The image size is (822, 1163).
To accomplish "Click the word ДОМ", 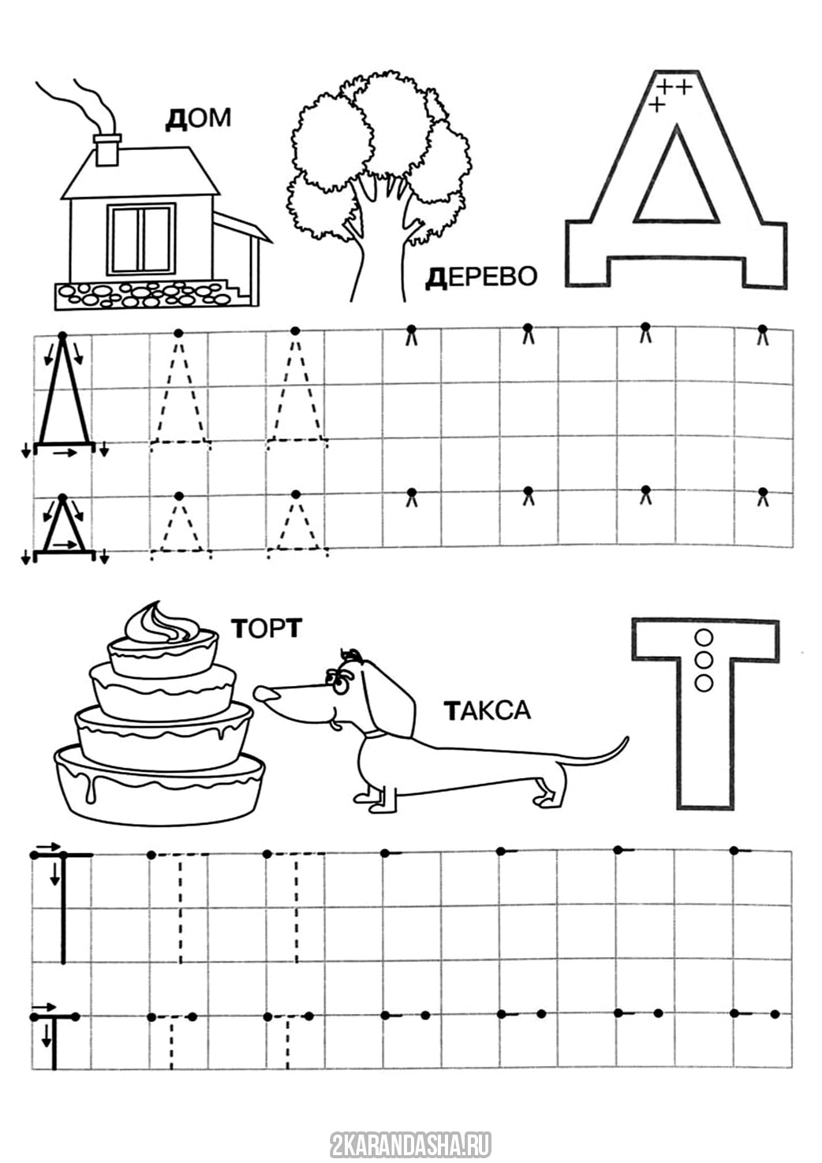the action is (198, 119).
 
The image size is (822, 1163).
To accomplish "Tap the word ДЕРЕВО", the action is (481, 277).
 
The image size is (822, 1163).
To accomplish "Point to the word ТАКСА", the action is (488, 710).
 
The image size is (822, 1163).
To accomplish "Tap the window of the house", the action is (141, 239).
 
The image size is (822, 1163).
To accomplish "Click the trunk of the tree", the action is (379, 255).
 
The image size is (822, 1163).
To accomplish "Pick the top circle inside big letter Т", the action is (704, 636).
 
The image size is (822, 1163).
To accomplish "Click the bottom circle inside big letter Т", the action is (704, 682).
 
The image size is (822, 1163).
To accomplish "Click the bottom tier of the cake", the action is (159, 783).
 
